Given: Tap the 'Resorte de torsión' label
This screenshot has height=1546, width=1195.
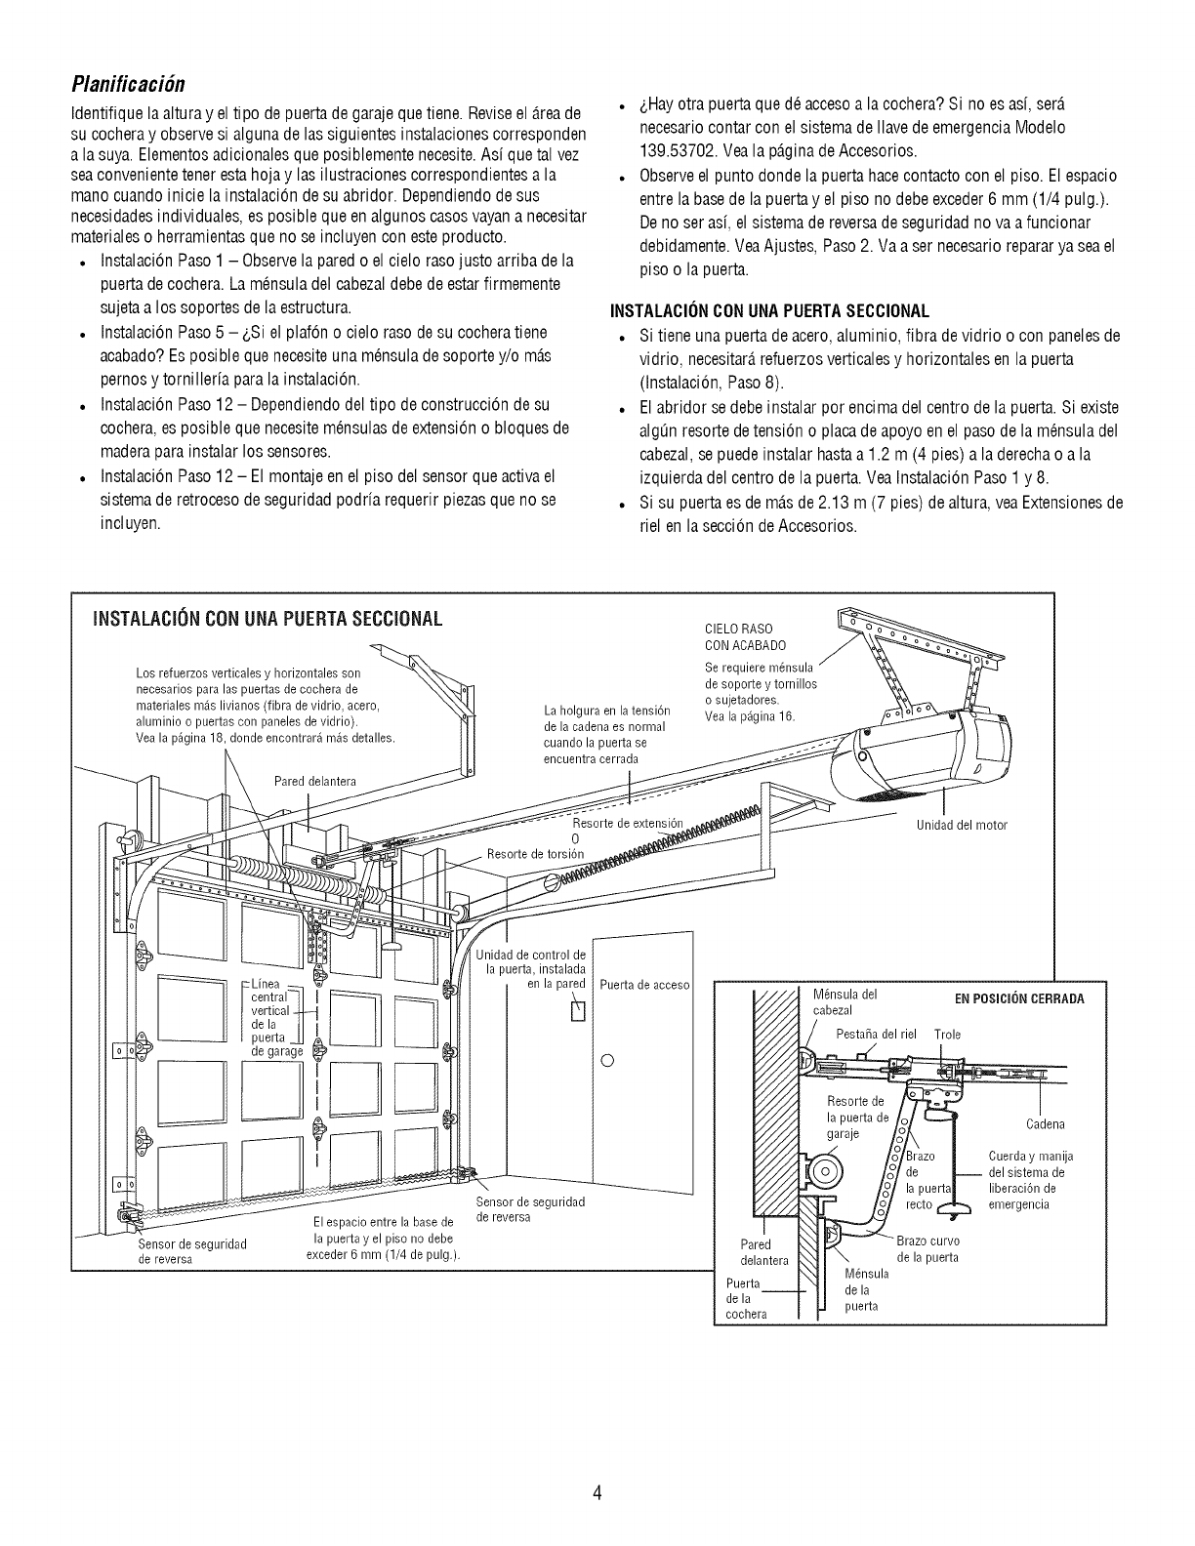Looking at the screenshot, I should pyautogui.click(x=535, y=855).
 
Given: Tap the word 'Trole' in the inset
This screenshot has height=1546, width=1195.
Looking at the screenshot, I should pyautogui.click(x=947, y=1035).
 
